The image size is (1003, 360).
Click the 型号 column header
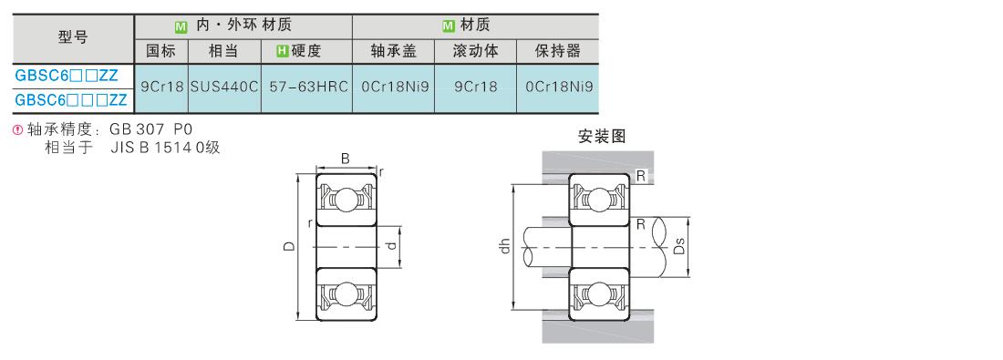73,37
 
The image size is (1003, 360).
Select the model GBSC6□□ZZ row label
67,76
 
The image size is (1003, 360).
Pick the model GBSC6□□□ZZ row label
71,100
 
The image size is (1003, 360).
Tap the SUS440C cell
224,87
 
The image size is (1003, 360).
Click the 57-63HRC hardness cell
306,87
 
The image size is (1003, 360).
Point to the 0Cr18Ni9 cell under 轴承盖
393,87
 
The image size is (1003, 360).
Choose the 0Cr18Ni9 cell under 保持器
558,87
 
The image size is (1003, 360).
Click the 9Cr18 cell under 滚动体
475,87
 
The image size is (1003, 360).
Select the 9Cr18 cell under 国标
161,87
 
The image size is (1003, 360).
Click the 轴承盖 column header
393,51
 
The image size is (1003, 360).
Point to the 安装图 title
601,136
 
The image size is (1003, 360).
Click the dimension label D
290,246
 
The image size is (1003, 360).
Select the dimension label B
346,159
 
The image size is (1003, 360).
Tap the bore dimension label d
392,245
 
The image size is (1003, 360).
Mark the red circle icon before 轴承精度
18,130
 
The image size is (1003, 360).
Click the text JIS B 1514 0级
165,149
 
